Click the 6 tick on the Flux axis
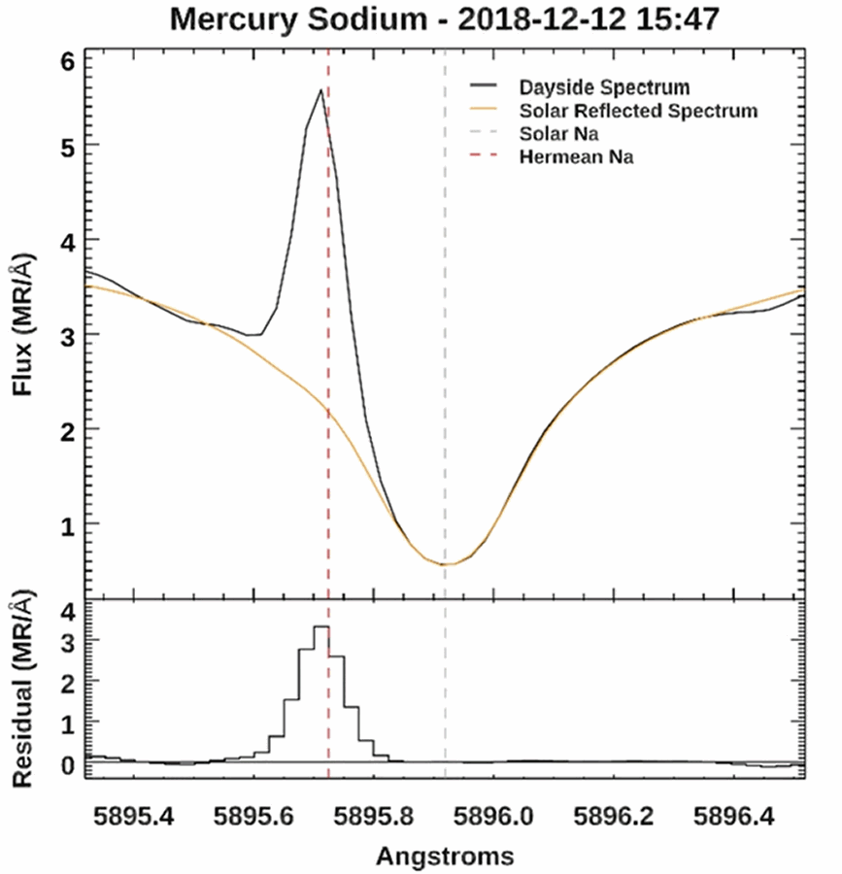[x=66, y=60]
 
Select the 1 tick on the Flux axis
[x=66, y=524]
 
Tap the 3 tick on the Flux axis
[x=66, y=335]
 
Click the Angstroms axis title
[x=445, y=855]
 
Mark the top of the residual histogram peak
[x=320, y=627]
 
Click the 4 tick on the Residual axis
[x=66, y=612]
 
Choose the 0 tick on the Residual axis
[x=66, y=764]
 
